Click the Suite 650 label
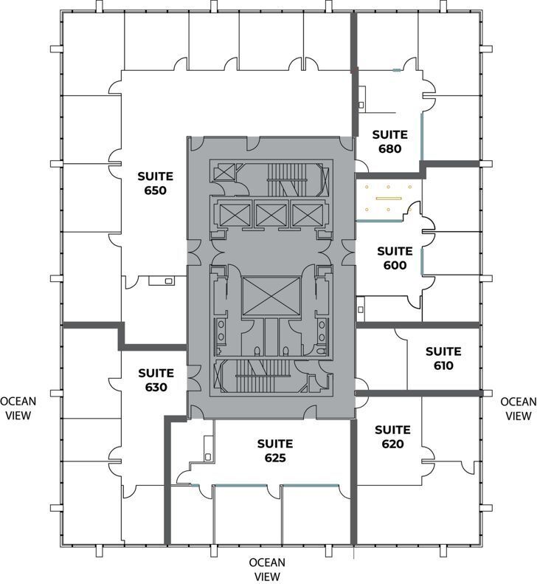[155, 183]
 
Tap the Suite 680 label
[389, 141]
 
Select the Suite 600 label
[395, 258]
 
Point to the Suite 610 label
[443, 358]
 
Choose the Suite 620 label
[392, 436]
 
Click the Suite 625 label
[274, 450]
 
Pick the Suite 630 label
[156, 379]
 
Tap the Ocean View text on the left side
[18, 408]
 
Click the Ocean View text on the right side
[518, 408]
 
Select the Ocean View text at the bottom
[267, 569]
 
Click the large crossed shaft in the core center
[271, 296]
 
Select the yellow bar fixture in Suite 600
[387, 198]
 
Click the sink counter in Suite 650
[161, 281]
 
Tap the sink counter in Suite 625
[207, 447]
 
